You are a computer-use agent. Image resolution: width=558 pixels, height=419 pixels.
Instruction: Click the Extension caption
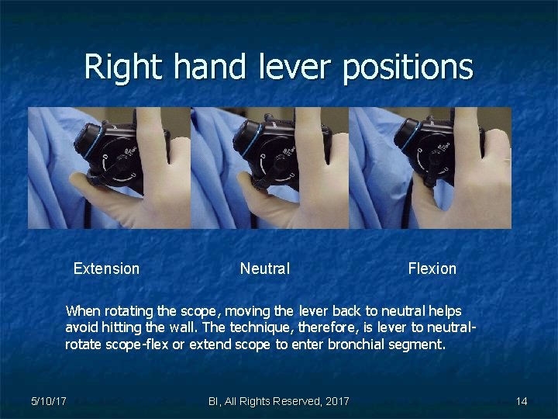(x=106, y=268)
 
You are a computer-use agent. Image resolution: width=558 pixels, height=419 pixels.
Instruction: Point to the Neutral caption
(x=264, y=268)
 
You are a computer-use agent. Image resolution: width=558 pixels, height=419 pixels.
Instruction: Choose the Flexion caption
(x=432, y=268)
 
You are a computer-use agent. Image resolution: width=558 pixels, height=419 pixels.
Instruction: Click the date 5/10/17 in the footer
(x=48, y=401)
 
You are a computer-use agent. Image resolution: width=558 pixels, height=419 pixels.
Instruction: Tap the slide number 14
(x=521, y=401)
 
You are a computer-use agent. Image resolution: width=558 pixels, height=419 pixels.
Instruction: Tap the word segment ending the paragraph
(x=419, y=344)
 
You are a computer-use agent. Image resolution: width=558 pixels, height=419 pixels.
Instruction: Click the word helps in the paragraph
(x=444, y=311)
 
